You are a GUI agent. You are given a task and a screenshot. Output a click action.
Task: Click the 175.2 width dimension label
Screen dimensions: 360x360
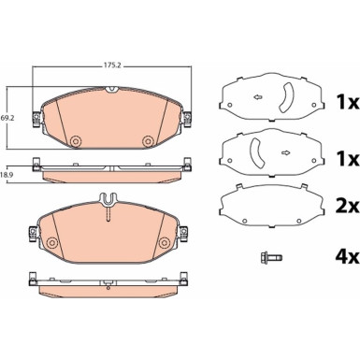[111, 65]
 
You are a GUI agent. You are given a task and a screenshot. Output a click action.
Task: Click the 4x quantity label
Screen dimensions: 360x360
[347, 257]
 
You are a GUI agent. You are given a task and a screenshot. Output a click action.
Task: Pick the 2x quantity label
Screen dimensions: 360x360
[347, 207]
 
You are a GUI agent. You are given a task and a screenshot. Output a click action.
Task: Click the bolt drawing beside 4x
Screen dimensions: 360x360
[271, 257]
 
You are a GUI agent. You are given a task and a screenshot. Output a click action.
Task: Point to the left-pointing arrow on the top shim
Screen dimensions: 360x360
[257, 97]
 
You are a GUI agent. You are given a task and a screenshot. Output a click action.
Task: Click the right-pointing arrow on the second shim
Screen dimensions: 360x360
[285, 152]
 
